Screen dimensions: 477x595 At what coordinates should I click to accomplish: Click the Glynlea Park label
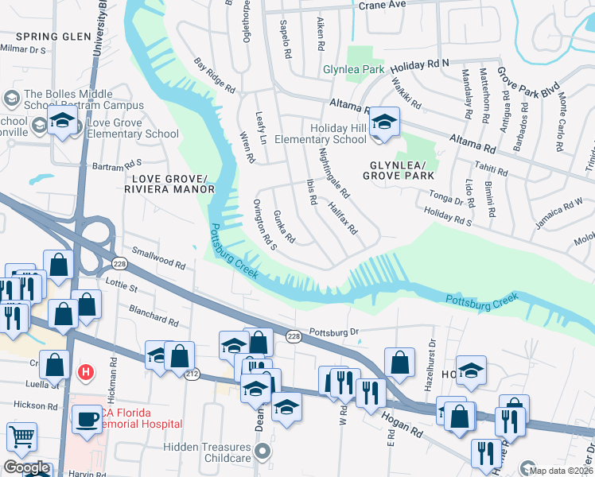click(353, 70)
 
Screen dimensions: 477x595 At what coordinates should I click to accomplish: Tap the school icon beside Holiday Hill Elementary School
click(384, 122)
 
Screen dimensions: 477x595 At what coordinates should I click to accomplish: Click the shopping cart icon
click(21, 436)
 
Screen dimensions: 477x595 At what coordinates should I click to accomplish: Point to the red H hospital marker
click(85, 371)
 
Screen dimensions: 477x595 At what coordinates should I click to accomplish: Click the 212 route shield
click(191, 374)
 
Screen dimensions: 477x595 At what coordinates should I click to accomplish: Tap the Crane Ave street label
click(382, 4)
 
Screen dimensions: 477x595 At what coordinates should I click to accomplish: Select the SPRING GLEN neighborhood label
click(48, 37)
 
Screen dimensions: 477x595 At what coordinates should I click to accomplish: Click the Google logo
click(26, 467)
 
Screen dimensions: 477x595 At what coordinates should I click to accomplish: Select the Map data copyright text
click(562, 470)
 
